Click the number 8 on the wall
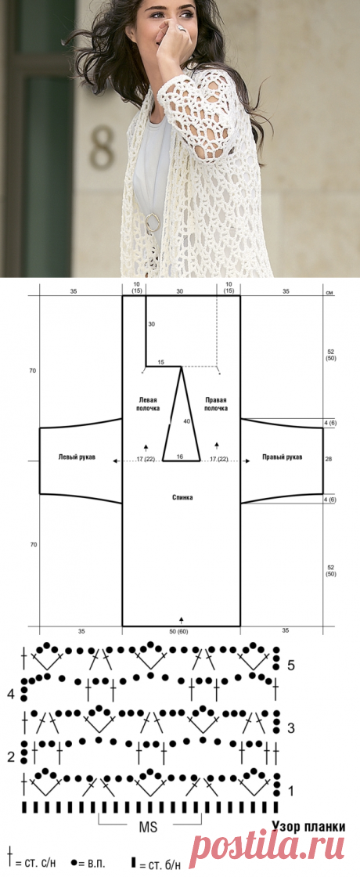tap(103, 148)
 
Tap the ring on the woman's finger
tap(182, 27)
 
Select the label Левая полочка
tap(148, 404)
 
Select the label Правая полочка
tap(216, 404)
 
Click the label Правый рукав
tap(283, 457)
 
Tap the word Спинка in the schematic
tap(182, 497)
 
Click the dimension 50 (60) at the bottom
tap(182, 631)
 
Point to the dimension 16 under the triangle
tap(179, 457)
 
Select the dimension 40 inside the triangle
tap(187, 420)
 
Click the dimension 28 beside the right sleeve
tap(329, 459)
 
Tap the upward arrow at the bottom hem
tap(181, 619)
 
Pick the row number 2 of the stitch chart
tap(11, 757)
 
